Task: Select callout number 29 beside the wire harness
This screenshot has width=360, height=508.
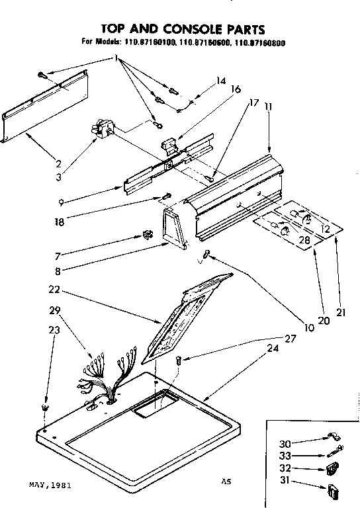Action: click(56, 310)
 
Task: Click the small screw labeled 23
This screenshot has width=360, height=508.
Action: click(44, 406)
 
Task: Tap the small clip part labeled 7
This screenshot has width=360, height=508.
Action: click(148, 235)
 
